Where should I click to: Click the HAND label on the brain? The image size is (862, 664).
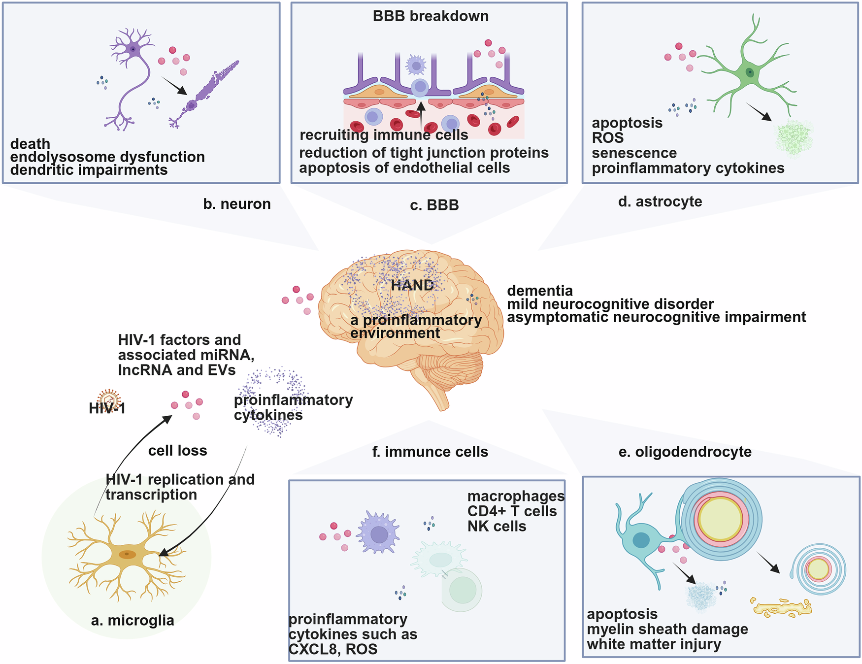[412, 285]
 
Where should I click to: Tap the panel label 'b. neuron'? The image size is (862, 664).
[237, 204]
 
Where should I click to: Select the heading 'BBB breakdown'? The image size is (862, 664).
[431, 16]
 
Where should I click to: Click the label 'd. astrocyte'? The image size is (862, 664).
[660, 201]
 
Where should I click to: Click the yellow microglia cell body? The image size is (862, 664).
[128, 555]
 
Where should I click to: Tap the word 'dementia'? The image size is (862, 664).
[540, 291]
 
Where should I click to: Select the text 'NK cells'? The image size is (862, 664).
[497, 526]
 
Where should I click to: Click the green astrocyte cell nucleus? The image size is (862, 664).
[750, 73]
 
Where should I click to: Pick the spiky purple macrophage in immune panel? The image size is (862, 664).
[378, 534]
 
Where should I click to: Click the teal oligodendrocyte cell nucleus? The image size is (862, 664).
[641, 540]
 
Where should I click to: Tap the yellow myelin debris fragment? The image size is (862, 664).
[781, 607]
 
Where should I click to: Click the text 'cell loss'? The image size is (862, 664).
[177, 451]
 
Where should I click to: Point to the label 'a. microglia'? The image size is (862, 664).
[133, 620]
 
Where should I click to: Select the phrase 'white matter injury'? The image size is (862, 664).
[654, 644]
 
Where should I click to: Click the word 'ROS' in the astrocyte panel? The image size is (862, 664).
[607, 138]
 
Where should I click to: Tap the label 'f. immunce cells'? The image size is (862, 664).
[430, 452]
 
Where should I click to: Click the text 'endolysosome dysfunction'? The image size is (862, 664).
[107, 157]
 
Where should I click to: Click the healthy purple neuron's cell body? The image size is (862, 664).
[133, 48]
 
